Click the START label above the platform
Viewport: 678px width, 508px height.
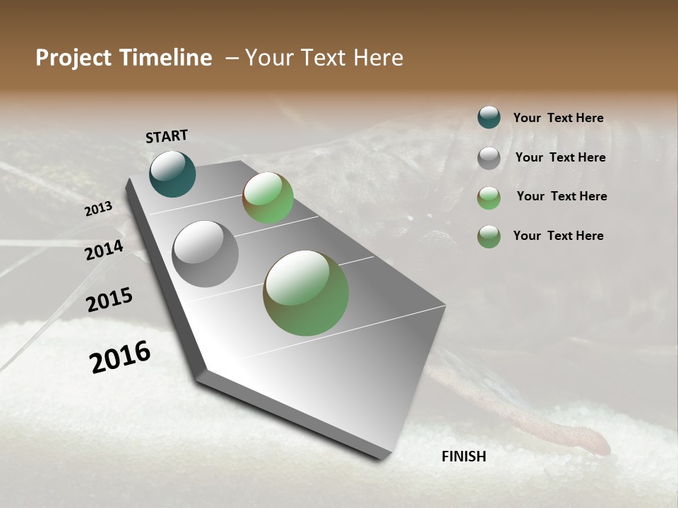click(x=167, y=135)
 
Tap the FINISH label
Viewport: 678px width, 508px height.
click(x=463, y=456)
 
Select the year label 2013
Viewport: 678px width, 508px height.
click(x=98, y=209)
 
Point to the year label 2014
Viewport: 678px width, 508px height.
click(x=104, y=250)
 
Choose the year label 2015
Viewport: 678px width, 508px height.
click(x=109, y=300)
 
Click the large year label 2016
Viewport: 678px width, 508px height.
click(x=120, y=357)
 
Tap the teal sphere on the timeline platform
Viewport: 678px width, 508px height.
click(x=172, y=174)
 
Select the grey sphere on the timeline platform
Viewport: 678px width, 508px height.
click(x=206, y=254)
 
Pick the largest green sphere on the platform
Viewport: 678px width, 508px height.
click(x=306, y=293)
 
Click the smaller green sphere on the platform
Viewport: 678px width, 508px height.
click(x=268, y=198)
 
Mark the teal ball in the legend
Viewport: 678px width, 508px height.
click(x=489, y=117)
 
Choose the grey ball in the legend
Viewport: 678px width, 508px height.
click(x=489, y=158)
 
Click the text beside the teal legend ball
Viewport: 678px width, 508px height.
click(x=558, y=118)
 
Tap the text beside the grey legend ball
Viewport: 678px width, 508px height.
click(x=560, y=157)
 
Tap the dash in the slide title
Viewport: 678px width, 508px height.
click(x=231, y=58)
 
